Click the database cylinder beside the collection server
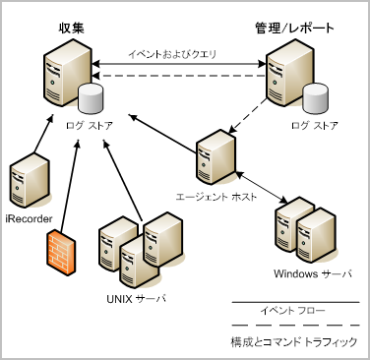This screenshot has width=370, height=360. pyautogui.click(x=91, y=99)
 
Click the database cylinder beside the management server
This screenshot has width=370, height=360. pyautogui.click(x=315, y=99)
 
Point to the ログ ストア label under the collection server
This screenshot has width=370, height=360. pyautogui.click(x=86, y=126)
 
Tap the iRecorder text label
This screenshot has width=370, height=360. pyautogui.click(x=28, y=216)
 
